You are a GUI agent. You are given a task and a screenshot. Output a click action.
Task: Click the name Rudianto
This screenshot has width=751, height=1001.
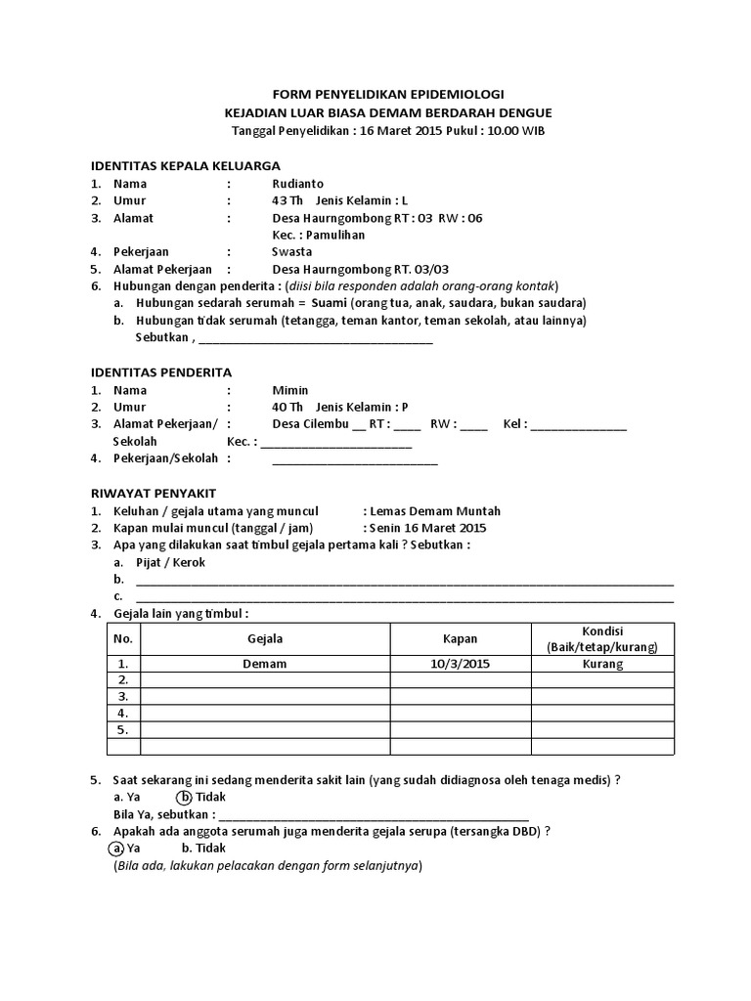click(299, 183)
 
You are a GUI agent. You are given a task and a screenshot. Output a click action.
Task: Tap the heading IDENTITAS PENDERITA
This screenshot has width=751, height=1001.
click(161, 372)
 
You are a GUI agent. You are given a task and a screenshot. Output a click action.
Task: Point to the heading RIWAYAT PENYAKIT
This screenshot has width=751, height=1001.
click(154, 493)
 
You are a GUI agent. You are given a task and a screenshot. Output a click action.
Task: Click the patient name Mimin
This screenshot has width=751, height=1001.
click(289, 390)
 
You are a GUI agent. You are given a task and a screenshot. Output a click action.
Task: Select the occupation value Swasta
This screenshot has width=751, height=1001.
click(292, 251)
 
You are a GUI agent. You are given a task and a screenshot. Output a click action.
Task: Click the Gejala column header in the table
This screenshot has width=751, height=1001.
click(266, 638)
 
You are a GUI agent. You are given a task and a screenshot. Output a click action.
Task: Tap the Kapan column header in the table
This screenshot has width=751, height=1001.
click(461, 638)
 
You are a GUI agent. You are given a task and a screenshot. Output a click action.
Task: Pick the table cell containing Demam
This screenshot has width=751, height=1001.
click(266, 664)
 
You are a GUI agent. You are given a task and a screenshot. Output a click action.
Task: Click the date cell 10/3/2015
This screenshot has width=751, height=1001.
click(461, 664)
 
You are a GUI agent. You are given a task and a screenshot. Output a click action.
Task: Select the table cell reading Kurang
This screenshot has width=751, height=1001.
click(602, 664)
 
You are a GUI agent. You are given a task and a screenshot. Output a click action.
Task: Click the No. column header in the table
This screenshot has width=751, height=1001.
click(123, 638)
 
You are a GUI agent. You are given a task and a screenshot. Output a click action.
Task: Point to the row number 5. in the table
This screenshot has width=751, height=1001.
click(123, 729)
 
